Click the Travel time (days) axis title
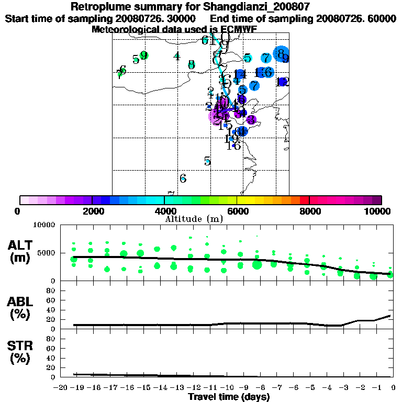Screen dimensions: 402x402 (x=229, y=397)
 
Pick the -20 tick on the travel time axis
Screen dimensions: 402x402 (x=61, y=387)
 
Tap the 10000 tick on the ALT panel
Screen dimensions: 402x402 (x=43, y=225)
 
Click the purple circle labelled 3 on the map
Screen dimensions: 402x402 (x=251, y=120)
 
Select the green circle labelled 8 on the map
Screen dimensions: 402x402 (x=192, y=64)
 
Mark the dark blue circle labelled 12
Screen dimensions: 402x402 (x=283, y=82)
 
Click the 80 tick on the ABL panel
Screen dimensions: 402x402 (x=52, y=290)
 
